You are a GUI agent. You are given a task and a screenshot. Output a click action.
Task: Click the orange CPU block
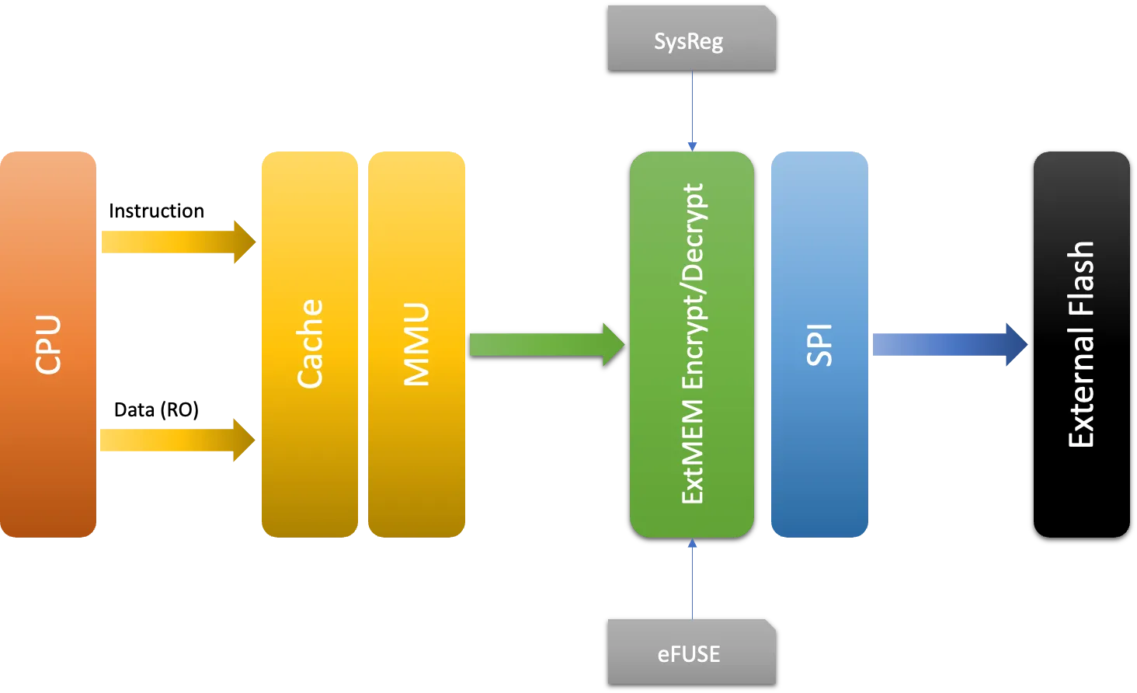[49, 344]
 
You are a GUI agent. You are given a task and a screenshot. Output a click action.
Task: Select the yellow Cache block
[310, 344]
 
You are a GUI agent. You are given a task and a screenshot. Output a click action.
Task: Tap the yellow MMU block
[416, 344]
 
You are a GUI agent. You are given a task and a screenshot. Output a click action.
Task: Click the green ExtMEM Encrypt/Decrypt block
[691, 344]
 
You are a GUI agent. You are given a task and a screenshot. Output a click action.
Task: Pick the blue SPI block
[819, 344]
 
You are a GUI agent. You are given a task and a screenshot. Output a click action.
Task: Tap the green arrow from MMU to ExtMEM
[544, 344]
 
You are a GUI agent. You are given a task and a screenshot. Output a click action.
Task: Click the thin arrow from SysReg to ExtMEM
[691, 109]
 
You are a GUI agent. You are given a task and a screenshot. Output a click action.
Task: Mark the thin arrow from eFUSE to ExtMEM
[691, 579]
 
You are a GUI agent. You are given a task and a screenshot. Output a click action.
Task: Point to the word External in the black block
[1081, 388]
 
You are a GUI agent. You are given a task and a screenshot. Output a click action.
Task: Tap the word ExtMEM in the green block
[691, 451]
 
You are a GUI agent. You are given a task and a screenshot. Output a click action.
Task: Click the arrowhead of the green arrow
[614, 344]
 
